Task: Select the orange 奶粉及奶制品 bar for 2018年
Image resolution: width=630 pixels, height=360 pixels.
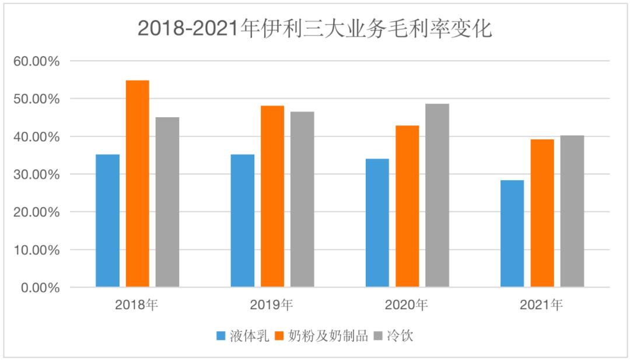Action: click(138, 184)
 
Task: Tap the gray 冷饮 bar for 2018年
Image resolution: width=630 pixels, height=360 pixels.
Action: click(167, 202)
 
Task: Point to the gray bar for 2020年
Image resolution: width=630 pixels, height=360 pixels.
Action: click(437, 195)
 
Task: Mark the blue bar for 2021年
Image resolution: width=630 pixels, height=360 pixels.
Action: click(512, 233)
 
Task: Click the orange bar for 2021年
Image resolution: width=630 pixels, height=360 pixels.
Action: click(542, 213)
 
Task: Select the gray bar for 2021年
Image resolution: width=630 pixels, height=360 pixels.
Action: click(572, 211)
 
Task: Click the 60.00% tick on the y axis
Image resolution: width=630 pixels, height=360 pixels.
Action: click(36, 61)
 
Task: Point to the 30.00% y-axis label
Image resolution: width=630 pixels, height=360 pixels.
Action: click(36, 174)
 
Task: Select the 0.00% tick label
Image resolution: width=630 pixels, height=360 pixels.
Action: click(39, 288)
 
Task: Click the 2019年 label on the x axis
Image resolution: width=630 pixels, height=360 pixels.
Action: click(271, 305)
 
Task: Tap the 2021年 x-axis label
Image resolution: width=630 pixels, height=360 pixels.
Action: click(541, 305)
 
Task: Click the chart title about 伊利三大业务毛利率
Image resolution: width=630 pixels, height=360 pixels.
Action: click(315, 28)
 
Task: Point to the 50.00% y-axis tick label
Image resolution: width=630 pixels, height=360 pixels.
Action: click(36, 99)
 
